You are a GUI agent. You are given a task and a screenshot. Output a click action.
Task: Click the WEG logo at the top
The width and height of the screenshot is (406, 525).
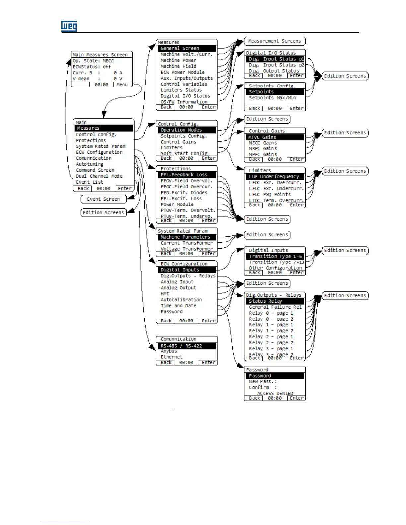click(69, 26)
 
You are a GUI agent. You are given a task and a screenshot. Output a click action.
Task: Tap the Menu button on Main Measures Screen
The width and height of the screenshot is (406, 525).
click(122, 85)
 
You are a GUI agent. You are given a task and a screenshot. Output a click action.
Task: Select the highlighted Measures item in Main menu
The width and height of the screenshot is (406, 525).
click(104, 128)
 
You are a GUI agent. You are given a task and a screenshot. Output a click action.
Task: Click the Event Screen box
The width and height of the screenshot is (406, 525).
click(103, 199)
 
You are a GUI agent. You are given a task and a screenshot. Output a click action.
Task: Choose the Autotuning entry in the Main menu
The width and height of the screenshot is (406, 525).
click(90, 164)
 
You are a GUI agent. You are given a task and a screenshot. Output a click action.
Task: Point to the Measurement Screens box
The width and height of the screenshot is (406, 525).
click(275, 41)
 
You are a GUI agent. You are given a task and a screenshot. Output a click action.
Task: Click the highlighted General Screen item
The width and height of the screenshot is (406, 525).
click(187, 48)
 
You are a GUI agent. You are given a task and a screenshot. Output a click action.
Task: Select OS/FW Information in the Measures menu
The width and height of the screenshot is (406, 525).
click(184, 102)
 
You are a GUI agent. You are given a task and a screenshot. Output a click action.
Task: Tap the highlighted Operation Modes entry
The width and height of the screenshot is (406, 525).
click(187, 130)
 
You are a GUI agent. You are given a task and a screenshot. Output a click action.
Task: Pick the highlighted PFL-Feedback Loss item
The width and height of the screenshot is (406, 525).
click(187, 175)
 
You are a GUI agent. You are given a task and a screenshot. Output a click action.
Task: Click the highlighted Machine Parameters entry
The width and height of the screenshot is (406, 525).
click(187, 237)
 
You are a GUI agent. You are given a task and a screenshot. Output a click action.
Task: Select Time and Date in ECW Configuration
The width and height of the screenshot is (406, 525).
click(178, 306)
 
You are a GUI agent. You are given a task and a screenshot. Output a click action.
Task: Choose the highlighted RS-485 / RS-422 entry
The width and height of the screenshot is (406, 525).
click(187, 346)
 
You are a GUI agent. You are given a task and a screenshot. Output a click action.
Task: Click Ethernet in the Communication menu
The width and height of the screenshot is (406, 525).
click(171, 357)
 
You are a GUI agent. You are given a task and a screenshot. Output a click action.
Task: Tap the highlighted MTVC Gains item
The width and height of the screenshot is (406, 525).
click(275, 137)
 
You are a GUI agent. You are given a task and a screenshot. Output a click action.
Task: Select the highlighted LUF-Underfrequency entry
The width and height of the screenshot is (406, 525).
click(275, 177)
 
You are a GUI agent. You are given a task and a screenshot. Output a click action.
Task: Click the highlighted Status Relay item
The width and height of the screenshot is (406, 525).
click(275, 301)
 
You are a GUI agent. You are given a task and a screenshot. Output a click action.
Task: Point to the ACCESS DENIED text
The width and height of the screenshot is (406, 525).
click(275, 393)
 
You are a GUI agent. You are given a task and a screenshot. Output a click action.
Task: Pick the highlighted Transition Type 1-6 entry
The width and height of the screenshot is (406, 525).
click(275, 256)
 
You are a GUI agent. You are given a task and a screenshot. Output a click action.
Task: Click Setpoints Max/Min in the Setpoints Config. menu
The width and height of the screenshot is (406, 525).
click(272, 98)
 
